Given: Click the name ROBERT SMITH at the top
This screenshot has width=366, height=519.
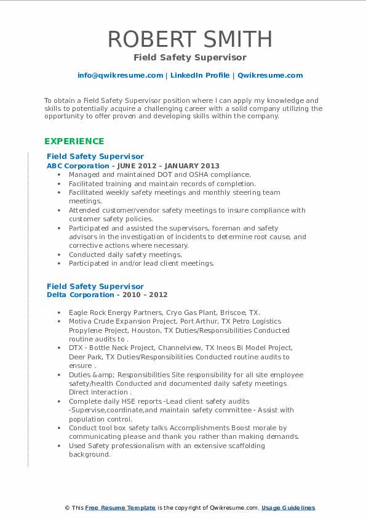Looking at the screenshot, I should tap(189, 39).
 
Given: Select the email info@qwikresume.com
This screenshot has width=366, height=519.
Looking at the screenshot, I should tap(120, 75).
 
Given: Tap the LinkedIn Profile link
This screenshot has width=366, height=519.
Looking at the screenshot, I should tap(199, 75).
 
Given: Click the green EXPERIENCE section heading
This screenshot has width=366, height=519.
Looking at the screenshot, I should tap(74, 141).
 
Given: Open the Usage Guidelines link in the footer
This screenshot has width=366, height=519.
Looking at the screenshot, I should tap(288, 508).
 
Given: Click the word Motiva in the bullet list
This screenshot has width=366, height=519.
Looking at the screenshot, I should tap(81, 321).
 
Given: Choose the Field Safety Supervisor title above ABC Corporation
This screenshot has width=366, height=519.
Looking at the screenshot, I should tap(95, 157).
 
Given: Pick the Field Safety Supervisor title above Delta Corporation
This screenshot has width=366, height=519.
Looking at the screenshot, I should tap(95, 286).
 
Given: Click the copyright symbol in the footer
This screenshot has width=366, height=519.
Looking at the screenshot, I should tap(68, 508).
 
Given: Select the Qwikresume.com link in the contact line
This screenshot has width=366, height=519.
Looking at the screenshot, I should tap(270, 75).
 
